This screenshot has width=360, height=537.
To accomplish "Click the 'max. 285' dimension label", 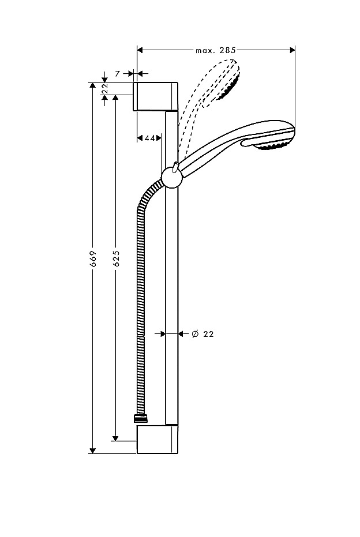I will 215,51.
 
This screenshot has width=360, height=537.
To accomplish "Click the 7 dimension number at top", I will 117,74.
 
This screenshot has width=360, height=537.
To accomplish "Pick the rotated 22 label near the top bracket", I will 105,88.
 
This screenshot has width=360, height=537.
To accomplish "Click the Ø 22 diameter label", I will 202,334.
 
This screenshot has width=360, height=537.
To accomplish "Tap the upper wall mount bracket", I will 156,96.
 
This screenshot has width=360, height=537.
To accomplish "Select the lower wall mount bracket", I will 157,440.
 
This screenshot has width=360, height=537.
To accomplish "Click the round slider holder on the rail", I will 171,177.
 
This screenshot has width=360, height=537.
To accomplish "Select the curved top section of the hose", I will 147,196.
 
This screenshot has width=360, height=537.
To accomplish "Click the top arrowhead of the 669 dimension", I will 92,86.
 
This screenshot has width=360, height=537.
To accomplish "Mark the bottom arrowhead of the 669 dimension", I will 92,450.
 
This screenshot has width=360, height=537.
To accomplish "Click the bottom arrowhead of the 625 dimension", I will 116,438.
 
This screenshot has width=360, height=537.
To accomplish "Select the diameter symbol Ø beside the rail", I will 194,334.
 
